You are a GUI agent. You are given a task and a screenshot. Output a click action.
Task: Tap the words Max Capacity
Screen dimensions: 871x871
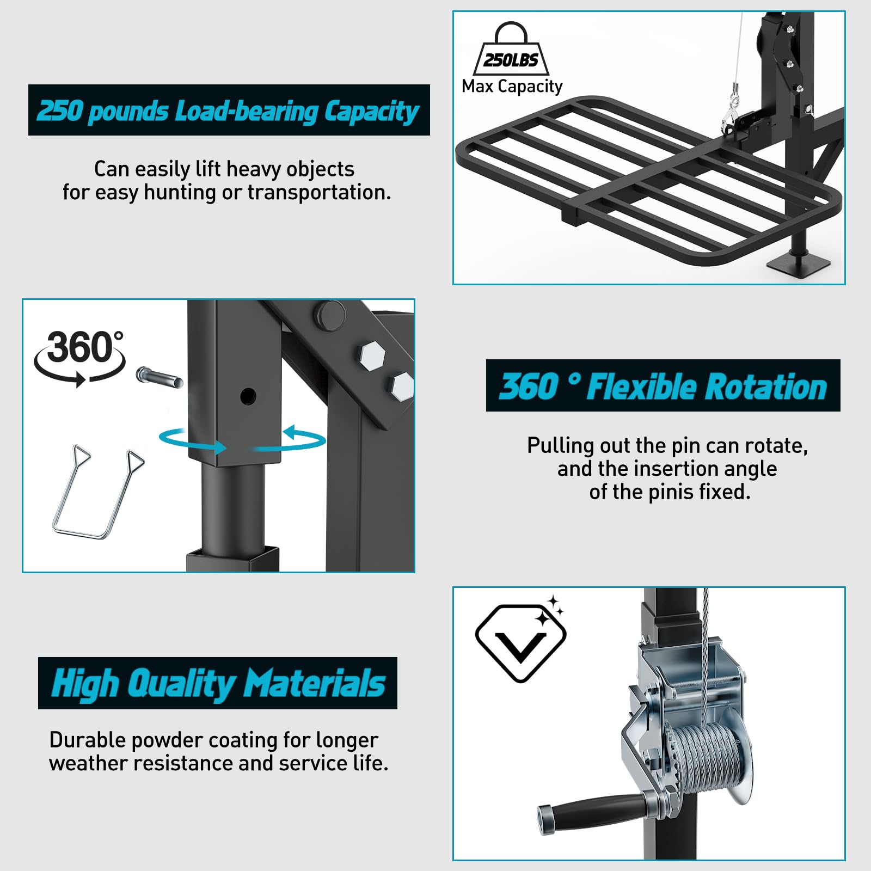click(512, 87)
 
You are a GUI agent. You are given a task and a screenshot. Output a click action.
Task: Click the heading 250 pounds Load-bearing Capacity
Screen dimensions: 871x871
click(228, 111)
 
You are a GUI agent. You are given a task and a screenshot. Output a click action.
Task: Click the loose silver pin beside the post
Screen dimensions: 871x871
click(160, 378)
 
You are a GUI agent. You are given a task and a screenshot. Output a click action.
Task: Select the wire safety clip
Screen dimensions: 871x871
click(98, 492)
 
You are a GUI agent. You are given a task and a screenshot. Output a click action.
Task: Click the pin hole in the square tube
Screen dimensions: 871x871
click(248, 396)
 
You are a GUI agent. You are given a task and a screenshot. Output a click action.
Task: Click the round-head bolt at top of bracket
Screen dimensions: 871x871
click(331, 314)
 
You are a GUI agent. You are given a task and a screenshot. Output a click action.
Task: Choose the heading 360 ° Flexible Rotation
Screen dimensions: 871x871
click(663, 387)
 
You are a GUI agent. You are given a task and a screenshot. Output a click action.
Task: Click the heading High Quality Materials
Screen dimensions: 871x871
click(218, 684)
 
